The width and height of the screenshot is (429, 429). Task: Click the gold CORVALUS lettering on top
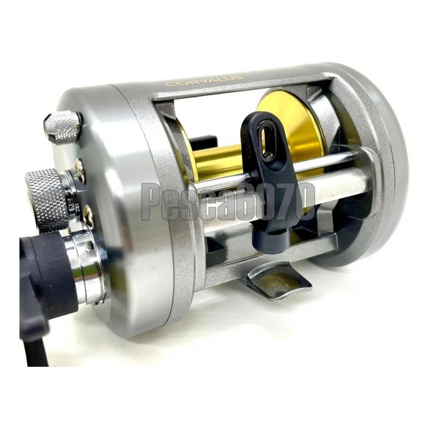(x=204, y=81)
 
